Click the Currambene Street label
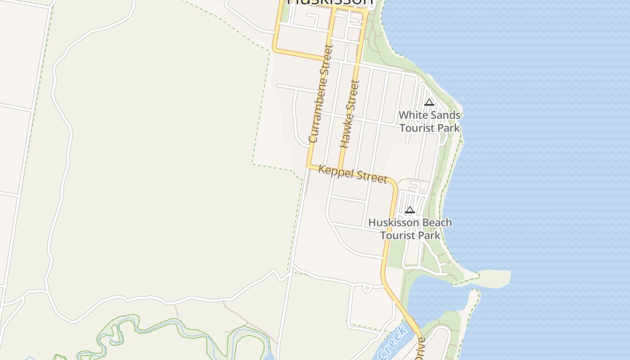(321, 93)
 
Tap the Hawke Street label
(350, 114)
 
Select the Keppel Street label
(352, 174)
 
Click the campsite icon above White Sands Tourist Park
(429, 102)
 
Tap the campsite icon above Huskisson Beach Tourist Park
(409, 210)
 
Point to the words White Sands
(429, 115)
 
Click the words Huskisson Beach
(410, 222)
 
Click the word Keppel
(334, 171)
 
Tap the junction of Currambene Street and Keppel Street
(309, 166)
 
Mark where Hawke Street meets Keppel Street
(340, 170)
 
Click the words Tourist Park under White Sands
(429, 128)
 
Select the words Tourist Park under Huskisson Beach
(410, 235)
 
